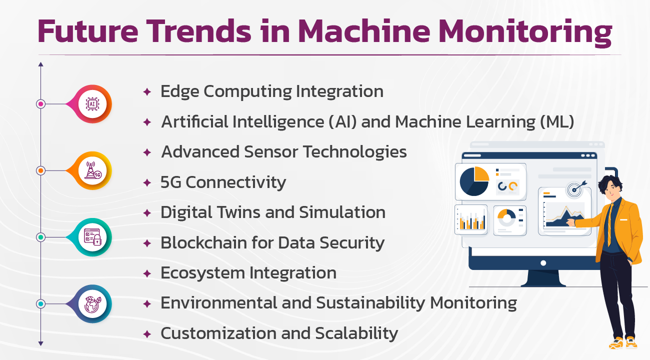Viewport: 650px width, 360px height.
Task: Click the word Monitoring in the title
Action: tap(525, 32)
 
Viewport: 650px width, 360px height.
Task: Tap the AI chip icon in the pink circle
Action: tap(92, 104)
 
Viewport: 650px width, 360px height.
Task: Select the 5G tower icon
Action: tap(93, 170)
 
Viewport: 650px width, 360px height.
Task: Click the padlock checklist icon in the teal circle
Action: tap(92, 237)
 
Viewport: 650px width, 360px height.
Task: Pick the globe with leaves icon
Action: tap(92, 303)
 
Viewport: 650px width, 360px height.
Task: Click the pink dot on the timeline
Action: tap(40, 104)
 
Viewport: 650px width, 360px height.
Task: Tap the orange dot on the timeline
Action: tap(40, 170)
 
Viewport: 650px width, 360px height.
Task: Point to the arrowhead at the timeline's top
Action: tap(40, 64)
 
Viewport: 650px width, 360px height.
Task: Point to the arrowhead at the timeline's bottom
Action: tap(40, 344)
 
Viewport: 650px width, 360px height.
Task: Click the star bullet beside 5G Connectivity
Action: tap(147, 183)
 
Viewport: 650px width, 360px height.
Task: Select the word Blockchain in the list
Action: tap(203, 242)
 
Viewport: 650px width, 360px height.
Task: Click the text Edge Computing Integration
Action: tap(272, 92)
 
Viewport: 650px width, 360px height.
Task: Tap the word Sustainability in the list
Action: tap(370, 303)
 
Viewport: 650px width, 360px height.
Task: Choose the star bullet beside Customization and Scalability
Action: tap(147, 334)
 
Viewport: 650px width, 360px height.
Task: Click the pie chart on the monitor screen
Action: tap(474, 181)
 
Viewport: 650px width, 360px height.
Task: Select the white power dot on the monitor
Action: tap(543, 263)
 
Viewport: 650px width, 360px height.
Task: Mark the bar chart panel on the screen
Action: tap(471, 219)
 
